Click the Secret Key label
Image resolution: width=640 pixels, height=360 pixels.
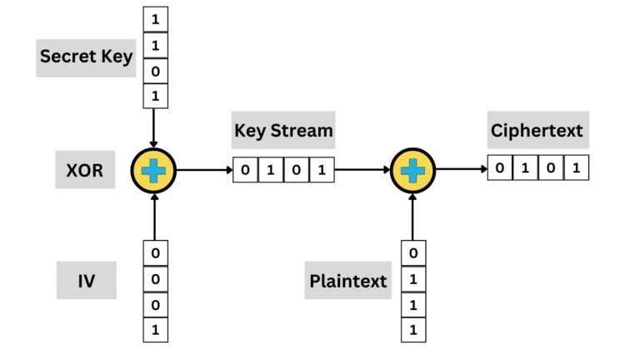(87, 57)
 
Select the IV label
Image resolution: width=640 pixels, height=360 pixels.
(86, 279)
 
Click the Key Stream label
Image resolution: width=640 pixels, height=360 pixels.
(282, 130)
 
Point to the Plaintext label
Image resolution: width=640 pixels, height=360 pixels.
(348, 280)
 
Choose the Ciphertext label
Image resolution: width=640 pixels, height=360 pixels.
(537, 130)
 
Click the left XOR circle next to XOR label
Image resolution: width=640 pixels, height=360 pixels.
(153, 170)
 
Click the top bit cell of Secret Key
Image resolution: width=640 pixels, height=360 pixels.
(155, 18)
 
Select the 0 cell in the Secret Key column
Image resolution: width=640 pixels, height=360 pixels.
(155, 72)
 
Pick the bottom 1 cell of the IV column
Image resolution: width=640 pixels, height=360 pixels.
(155, 330)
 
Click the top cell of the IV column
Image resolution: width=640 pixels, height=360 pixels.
(155, 252)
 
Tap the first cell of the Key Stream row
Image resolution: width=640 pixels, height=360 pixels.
(245, 171)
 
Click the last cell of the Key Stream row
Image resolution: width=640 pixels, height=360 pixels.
(322, 171)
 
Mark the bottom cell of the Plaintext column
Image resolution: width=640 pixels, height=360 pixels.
(413, 330)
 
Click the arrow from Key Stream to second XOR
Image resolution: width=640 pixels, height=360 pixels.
(362, 170)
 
